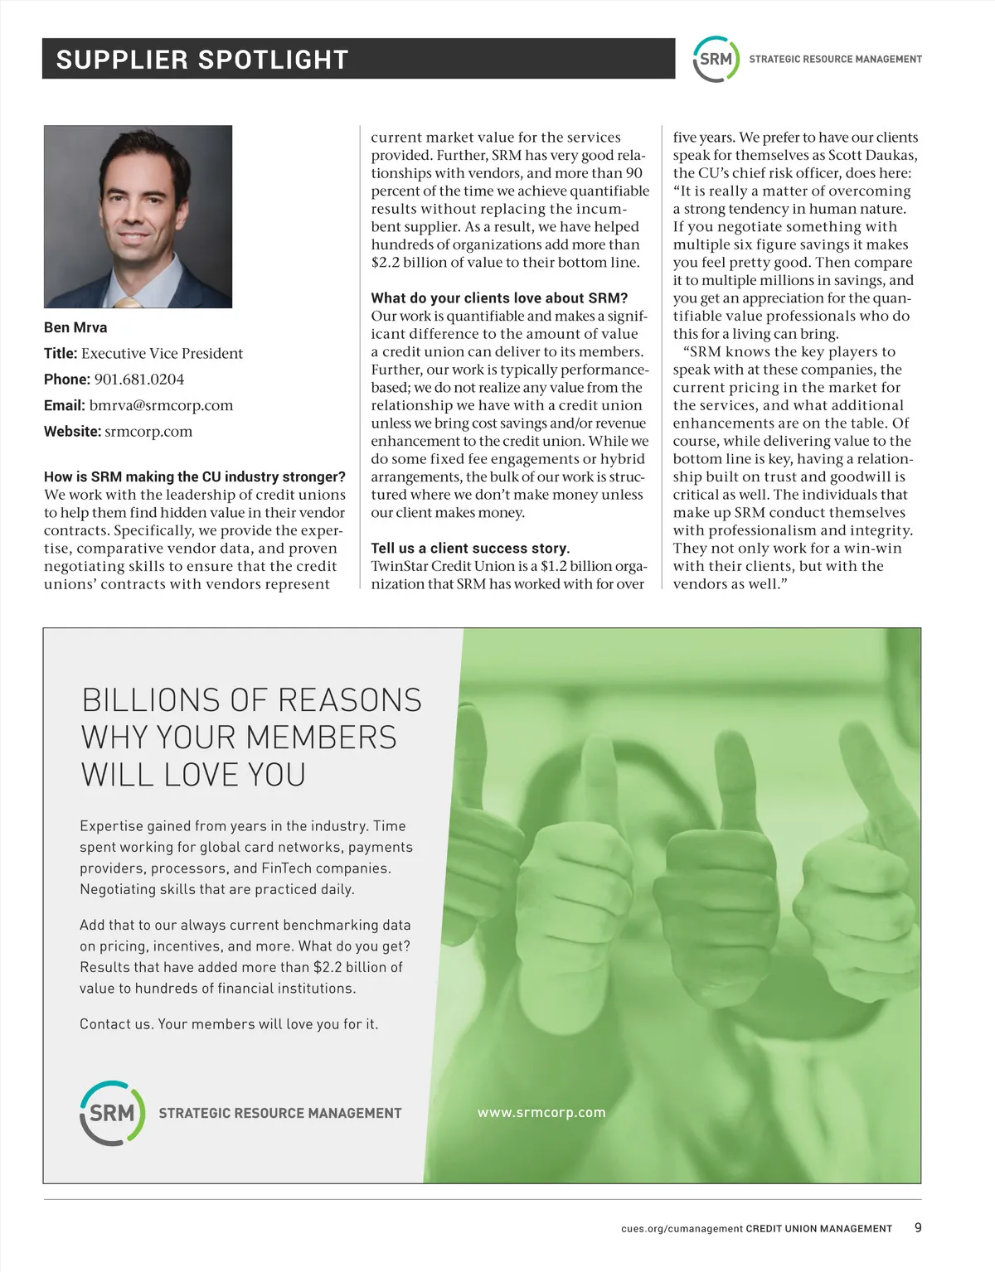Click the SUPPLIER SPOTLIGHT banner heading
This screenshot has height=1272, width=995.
(x=201, y=60)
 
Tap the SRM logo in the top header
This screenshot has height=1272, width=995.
(x=715, y=59)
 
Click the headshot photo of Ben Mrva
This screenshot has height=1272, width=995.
(x=138, y=216)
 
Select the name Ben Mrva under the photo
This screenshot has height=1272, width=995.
(x=75, y=327)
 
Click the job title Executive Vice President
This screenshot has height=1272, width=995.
(x=162, y=354)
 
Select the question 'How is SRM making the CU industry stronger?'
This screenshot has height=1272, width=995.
(x=195, y=476)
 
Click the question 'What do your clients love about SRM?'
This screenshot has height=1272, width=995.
(x=499, y=298)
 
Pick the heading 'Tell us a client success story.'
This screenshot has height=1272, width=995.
(x=470, y=548)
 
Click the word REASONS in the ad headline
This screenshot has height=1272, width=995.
(x=349, y=700)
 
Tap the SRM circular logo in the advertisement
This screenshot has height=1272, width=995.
(x=112, y=1113)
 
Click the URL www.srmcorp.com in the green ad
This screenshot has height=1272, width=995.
(x=541, y=1112)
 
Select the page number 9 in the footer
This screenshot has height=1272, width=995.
(x=918, y=1227)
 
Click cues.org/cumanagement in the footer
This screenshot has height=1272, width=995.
(x=682, y=1229)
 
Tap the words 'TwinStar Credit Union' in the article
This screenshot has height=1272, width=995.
(x=443, y=566)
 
